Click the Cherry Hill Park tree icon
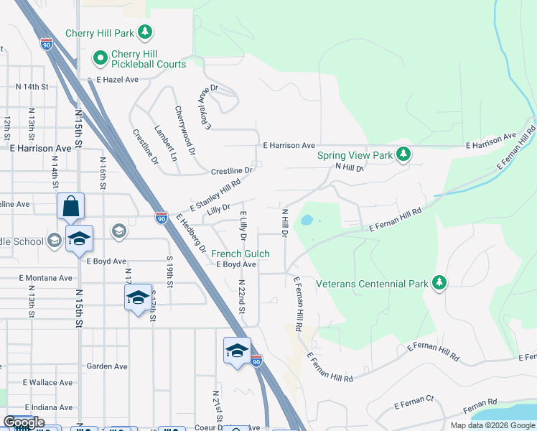146,32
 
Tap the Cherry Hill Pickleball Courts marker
100,57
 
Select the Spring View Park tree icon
404,154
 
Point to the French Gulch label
240,254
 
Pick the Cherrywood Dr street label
185,131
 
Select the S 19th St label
169,272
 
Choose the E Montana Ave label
46,278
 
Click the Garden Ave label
107,366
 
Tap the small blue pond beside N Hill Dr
307,219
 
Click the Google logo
24,422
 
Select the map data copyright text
492,425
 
